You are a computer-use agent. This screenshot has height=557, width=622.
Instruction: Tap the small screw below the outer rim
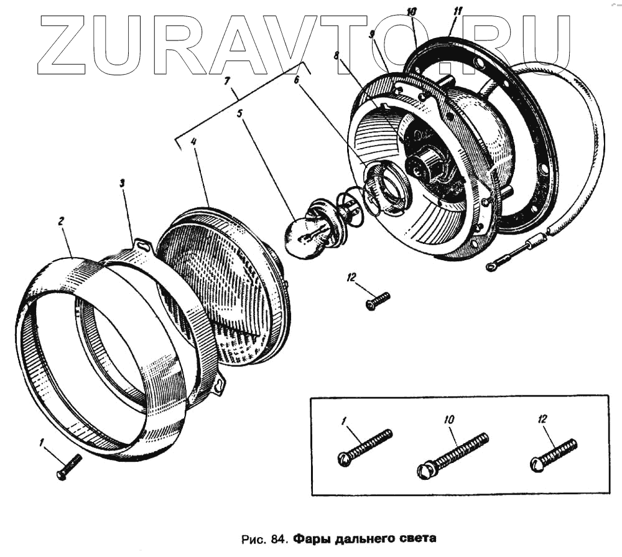click(x=69, y=467)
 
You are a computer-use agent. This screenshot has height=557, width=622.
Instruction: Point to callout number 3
click(x=123, y=183)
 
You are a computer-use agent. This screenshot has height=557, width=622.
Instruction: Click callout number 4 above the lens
click(x=194, y=141)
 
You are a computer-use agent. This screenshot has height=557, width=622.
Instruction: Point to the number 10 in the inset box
click(x=450, y=420)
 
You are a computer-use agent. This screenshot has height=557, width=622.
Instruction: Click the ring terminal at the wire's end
click(x=491, y=268)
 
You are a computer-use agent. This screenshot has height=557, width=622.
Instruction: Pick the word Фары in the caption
click(x=309, y=538)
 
